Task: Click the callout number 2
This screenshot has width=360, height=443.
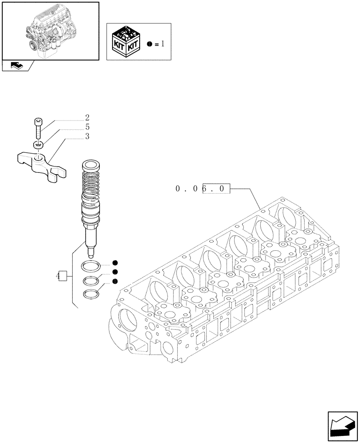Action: click(x=87, y=118)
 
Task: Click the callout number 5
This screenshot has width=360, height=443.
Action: click(x=87, y=127)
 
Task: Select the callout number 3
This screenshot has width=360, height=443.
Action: click(x=87, y=136)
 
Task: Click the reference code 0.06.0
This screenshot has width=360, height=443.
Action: click(x=203, y=189)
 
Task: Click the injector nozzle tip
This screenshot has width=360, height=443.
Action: click(x=92, y=253)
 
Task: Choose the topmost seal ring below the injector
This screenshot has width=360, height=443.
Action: click(x=91, y=267)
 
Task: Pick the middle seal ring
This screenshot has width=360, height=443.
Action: click(x=91, y=280)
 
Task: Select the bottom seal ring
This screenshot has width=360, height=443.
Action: click(x=91, y=294)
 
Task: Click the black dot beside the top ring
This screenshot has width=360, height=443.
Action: click(x=115, y=263)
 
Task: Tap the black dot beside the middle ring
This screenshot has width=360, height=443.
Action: click(x=115, y=272)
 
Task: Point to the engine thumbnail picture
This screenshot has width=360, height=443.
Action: click(x=50, y=31)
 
